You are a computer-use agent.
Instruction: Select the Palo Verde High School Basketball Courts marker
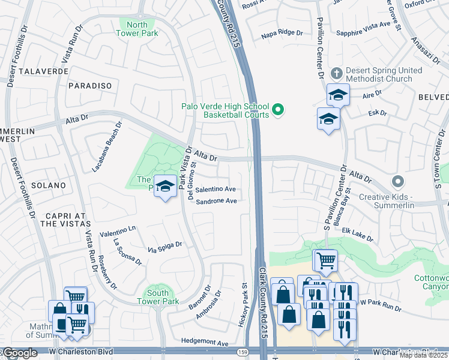click(277, 109)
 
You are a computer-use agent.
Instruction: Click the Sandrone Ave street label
click(216, 202)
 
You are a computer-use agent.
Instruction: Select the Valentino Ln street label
click(118, 229)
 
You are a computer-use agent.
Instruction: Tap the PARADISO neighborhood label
click(90, 86)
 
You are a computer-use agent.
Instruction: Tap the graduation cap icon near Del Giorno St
click(165, 186)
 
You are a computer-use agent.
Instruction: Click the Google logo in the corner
click(20, 353)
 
